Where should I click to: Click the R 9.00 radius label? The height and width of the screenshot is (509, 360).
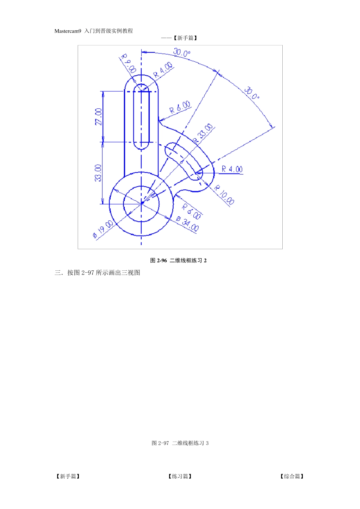(128, 64)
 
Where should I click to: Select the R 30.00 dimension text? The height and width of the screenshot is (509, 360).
(203, 133)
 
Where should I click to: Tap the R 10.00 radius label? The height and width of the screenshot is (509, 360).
(224, 195)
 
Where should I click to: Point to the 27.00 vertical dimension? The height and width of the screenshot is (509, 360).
(99, 117)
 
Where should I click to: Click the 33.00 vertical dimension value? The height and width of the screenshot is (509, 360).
(98, 173)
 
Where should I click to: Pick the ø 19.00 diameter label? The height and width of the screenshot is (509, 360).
(103, 230)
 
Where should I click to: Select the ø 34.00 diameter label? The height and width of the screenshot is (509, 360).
(188, 223)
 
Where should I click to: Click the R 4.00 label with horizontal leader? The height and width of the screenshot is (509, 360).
(232, 169)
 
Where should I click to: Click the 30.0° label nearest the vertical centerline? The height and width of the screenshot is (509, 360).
(182, 53)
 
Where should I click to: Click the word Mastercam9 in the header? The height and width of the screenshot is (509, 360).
(68, 31)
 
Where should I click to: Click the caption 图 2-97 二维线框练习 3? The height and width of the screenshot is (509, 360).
(180, 443)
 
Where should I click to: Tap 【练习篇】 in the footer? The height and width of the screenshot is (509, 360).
(180, 476)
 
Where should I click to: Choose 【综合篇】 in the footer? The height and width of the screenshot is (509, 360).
(292, 476)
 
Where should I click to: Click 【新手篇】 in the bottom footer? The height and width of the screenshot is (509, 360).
(68, 476)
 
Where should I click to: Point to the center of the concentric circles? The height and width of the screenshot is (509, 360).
(141, 204)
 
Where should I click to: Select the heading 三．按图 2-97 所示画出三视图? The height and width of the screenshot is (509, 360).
(97, 273)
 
